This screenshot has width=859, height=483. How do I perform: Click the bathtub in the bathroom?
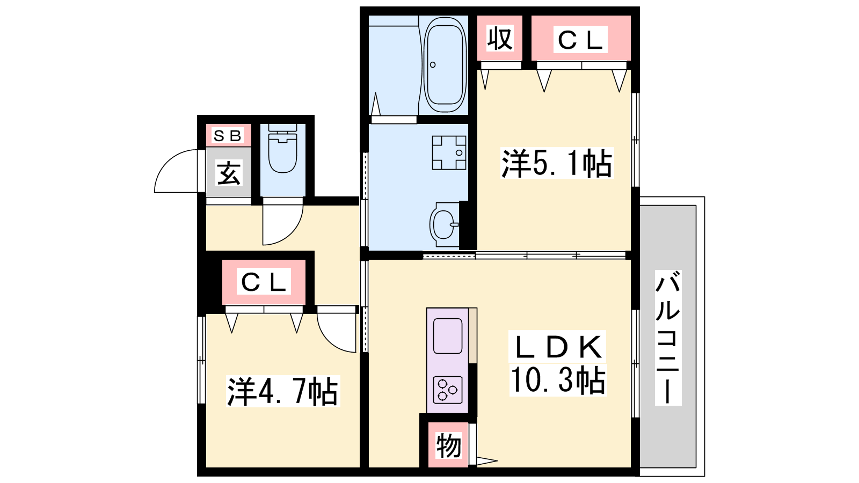pyautogui.click(x=445, y=64)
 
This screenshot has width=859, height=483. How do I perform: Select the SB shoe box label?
pyautogui.click(x=228, y=135)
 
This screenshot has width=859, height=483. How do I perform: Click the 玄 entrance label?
pyautogui.click(x=229, y=173)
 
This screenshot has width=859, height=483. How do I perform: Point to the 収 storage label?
pyautogui.click(x=500, y=38)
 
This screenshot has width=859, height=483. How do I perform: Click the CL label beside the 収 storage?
pyautogui.click(x=580, y=40)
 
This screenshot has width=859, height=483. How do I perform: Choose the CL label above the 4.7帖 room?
pyautogui.click(x=264, y=282)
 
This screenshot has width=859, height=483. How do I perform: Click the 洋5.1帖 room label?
pyautogui.click(x=557, y=163)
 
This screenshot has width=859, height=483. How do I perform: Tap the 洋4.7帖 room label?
pyautogui.click(x=283, y=391)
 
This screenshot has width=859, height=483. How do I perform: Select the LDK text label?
pyautogui.click(x=557, y=347)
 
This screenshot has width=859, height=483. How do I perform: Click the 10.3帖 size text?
pyautogui.click(x=558, y=380)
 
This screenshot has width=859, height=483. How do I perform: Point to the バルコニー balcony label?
pyautogui.click(x=668, y=338)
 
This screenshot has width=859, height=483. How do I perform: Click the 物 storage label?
pyautogui.click(x=448, y=445)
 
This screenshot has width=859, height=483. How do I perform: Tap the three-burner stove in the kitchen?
pyautogui.click(x=448, y=390)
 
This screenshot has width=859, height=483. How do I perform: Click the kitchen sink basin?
pyautogui.click(x=448, y=336)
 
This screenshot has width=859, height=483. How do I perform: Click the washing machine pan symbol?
pyautogui.click(x=449, y=152)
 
